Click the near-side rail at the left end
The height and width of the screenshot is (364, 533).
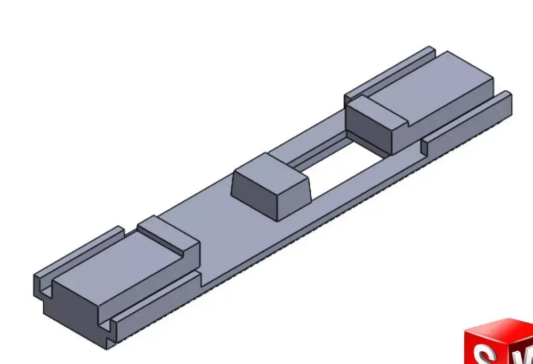click(155, 304)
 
